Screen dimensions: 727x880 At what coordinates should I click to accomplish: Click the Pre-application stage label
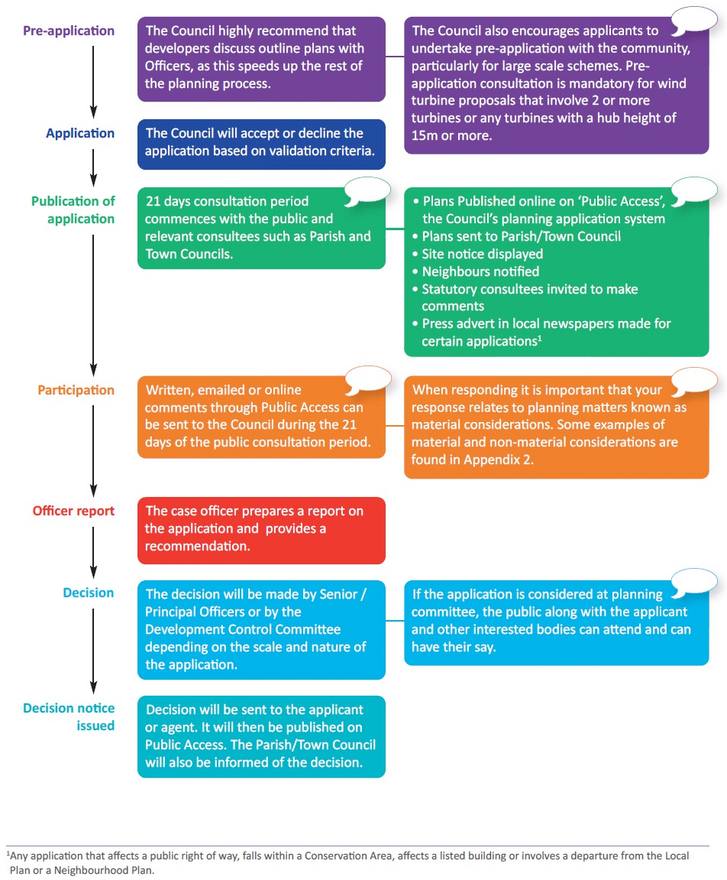click(x=69, y=31)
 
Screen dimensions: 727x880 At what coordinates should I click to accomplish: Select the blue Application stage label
click(x=80, y=133)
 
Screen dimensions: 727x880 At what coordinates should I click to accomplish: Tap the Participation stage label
click(x=76, y=390)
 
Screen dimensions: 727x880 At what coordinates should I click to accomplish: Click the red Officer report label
click(x=73, y=511)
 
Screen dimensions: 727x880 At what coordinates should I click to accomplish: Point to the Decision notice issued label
click(x=69, y=716)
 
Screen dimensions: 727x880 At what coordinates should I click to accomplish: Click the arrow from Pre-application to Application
click(x=94, y=82)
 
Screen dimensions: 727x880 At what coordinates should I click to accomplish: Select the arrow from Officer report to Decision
click(x=94, y=553)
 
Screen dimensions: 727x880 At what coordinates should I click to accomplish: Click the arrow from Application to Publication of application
click(x=94, y=167)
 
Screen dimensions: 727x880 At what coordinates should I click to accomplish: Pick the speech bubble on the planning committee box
click(x=694, y=582)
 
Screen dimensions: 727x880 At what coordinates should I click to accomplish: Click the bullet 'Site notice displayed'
click(x=477, y=255)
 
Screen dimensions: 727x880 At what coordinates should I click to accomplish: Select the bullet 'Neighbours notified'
click(x=476, y=271)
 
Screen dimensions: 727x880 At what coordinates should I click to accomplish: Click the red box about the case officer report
click(x=261, y=531)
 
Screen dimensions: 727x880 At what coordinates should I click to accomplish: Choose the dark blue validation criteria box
click(x=261, y=145)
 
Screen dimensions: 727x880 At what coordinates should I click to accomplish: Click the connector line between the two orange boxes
click(x=395, y=425)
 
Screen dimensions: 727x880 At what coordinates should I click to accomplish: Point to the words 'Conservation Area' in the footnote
click(x=352, y=856)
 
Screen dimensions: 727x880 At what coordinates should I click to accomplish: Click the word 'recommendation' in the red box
click(x=196, y=546)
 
